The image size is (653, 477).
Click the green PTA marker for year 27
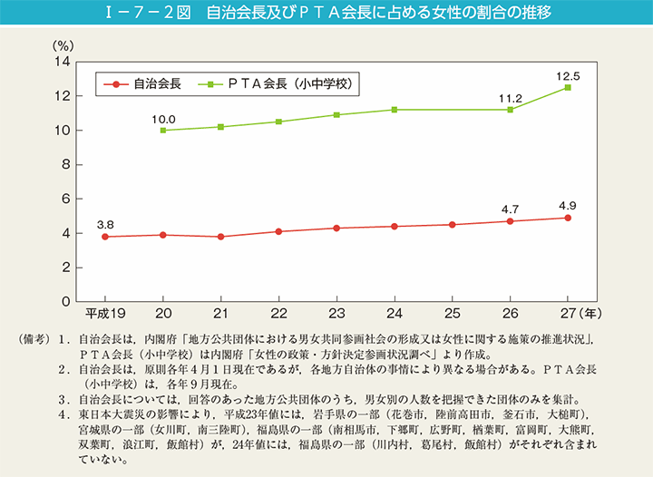(568, 87)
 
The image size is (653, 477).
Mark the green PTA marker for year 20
(163, 131)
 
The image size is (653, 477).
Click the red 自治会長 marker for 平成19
(105, 237)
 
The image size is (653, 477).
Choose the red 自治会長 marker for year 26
(510, 221)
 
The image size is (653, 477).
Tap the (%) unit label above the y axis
(62, 44)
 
